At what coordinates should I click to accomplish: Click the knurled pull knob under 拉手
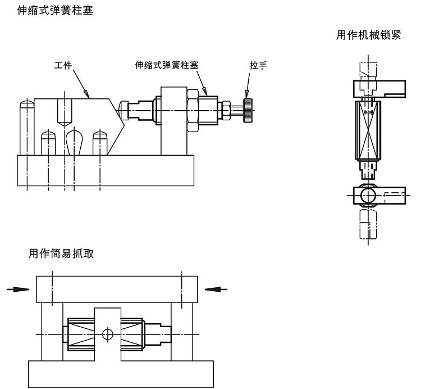(x=247, y=110)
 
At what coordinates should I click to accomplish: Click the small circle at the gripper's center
(x=108, y=334)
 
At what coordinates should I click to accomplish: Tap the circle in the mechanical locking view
(x=368, y=196)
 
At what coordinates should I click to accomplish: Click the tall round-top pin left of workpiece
(x=26, y=127)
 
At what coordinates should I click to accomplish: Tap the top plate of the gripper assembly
(x=117, y=289)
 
